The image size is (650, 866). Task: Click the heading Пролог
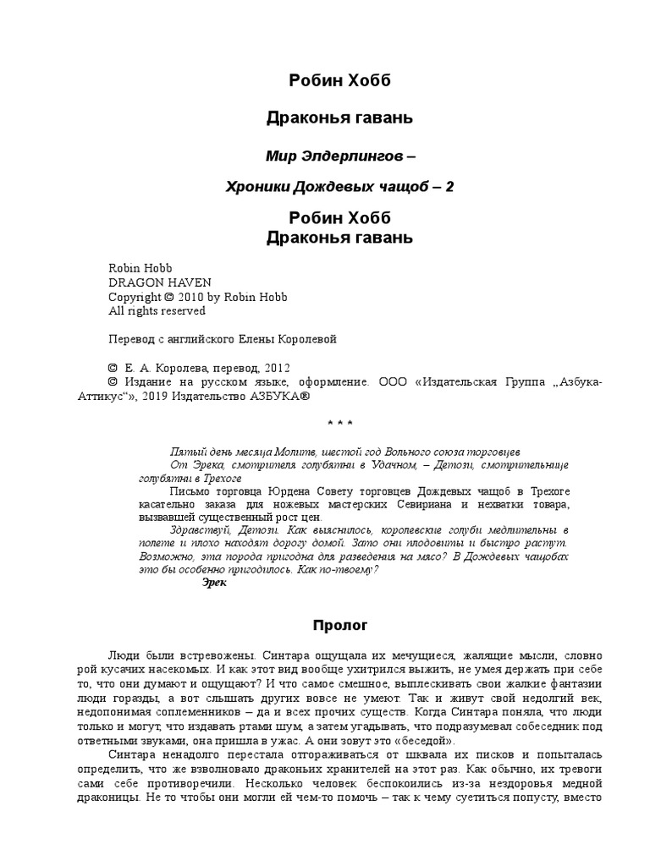340,626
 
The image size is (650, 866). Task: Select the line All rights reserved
157,310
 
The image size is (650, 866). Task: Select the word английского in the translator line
211,339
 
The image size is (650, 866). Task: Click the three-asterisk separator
339,423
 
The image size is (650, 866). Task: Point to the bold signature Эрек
215,584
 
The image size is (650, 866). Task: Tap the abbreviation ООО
393,382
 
